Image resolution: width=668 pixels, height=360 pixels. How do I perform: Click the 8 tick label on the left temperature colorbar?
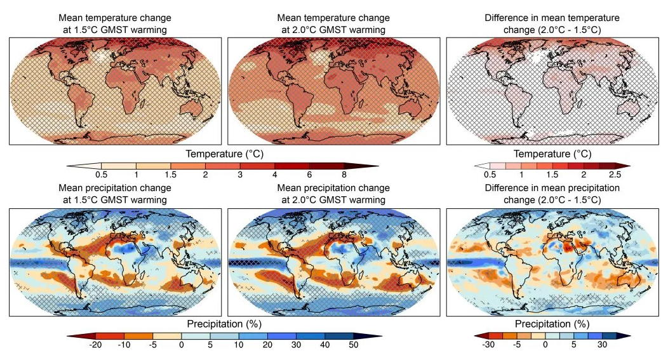[344, 175]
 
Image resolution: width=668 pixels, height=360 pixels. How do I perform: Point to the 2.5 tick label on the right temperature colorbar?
[615, 175]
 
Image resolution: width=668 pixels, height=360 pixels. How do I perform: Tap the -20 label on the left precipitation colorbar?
[95, 345]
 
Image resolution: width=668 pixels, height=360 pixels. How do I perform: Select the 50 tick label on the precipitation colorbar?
[354, 345]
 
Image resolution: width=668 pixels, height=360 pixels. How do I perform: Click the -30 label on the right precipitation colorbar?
[488, 345]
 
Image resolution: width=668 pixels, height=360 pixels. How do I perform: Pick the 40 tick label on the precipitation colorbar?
[324, 345]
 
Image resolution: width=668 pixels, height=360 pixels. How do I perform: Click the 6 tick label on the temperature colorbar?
[309, 175]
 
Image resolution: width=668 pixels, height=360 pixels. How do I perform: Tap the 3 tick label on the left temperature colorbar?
[240, 175]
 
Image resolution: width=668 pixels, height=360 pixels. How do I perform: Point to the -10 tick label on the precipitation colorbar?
[124, 345]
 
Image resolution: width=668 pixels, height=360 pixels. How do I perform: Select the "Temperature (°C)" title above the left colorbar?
[225, 154]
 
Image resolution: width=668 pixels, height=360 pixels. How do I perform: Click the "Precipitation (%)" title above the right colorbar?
[552, 324]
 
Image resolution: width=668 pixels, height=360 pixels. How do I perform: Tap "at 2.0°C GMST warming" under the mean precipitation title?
[333, 200]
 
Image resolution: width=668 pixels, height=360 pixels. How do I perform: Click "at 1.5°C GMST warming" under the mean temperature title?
[115, 30]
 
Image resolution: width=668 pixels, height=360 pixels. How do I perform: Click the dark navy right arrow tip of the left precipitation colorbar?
[380, 336]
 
